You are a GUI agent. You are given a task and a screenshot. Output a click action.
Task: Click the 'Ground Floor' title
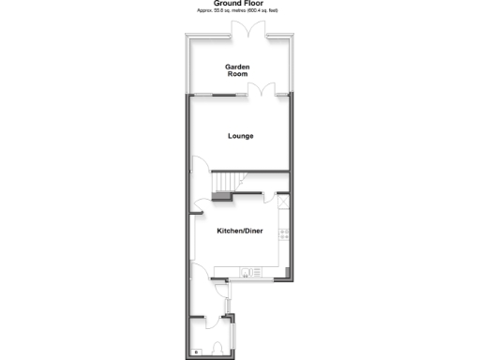241,4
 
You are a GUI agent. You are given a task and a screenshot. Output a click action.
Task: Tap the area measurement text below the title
241,10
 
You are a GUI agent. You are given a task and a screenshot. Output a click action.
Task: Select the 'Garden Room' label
236,70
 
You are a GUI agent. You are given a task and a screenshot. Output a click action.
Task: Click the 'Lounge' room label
241,136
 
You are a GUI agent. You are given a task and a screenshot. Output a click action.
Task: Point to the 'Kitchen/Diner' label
240,231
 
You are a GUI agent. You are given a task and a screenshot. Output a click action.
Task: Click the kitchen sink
246,273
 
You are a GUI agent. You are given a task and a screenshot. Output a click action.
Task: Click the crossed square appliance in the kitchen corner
284,199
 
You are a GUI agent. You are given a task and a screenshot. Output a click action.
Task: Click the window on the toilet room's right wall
234,332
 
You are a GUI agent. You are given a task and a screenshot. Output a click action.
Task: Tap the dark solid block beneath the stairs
221,196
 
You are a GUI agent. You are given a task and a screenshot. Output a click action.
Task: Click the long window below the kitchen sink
247,280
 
